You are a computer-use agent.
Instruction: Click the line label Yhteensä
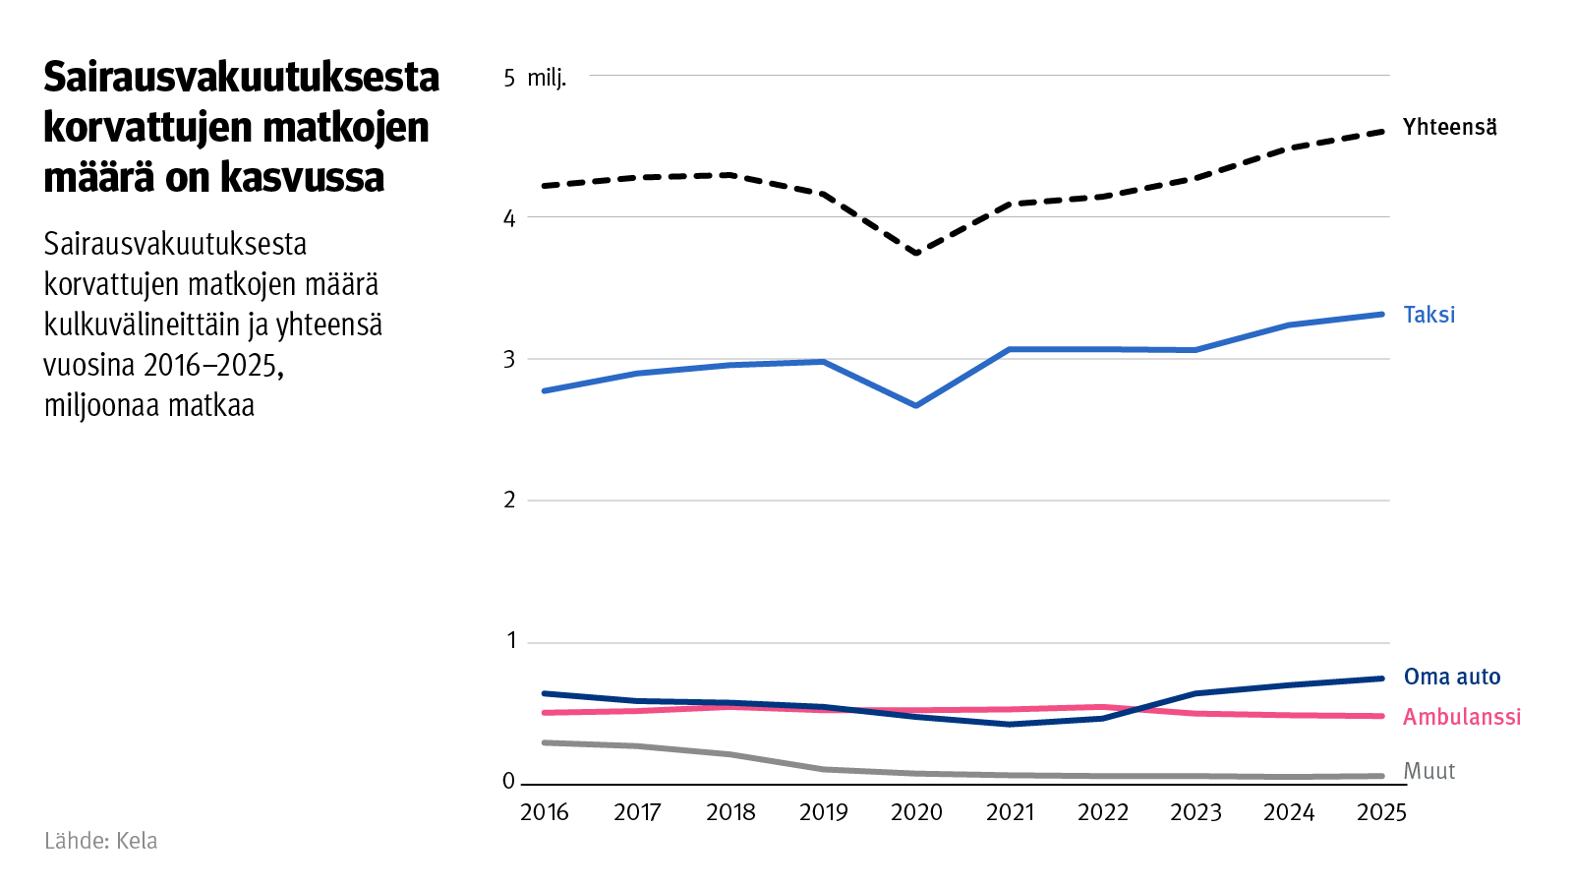point(1449,127)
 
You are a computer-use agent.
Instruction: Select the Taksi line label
point(1428,315)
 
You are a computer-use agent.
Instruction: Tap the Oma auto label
point(1451,677)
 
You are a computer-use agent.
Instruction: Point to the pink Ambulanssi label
point(1461,717)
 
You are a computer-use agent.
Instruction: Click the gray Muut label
point(1428,771)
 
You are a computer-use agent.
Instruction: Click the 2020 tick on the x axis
point(916,812)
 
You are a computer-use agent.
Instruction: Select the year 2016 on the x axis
point(545,812)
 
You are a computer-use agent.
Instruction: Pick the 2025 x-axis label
point(1381,812)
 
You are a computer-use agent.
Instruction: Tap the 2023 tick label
point(1195,812)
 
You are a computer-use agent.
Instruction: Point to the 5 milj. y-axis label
point(535,78)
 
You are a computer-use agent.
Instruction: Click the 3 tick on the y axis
point(509,359)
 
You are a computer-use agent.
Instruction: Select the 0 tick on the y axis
point(508,781)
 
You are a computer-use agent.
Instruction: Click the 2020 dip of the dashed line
point(916,253)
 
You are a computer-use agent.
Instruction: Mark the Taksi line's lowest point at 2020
point(916,405)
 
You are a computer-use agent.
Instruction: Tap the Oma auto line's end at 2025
point(1381,679)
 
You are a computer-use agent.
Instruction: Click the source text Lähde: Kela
point(100,841)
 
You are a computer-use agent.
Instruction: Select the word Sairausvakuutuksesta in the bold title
point(241,77)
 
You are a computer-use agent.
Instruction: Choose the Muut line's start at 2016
point(546,742)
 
